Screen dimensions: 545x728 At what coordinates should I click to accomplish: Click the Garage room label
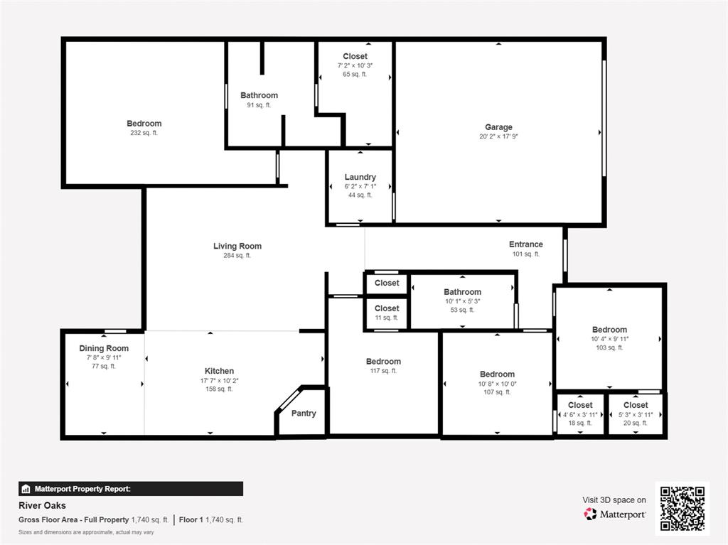click(x=498, y=127)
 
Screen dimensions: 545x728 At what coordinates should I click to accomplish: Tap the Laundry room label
click(x=360, y=177)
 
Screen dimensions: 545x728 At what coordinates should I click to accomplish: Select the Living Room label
click(x=237, y=247)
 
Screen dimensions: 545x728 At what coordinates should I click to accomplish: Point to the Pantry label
click(x=304, y=414)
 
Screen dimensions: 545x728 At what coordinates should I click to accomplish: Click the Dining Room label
click(x=104, y=348)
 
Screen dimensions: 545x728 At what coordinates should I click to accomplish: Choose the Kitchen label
click(x=219, y=371)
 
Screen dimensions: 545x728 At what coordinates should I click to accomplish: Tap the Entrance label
click(x=525, y=244)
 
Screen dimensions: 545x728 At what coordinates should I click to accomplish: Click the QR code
click(x=682, y=508)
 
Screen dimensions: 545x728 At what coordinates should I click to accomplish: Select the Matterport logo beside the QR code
click(x=615, y=514)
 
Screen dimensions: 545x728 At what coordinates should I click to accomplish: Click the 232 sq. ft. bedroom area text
click(x=144, y=133)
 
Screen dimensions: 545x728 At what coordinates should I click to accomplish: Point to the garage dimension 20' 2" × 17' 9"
click(x=498, y=137)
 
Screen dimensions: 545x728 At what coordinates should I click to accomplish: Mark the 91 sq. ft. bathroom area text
click(x=259, y=105)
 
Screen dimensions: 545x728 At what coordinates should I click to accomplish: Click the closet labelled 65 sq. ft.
click(x=355, y=56)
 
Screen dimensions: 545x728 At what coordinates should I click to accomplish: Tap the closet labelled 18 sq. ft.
click(x=580, y=405)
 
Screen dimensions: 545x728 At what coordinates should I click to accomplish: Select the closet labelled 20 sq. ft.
click(x=635, y=405)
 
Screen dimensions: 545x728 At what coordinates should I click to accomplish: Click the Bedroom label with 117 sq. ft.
click(x=383, y=361)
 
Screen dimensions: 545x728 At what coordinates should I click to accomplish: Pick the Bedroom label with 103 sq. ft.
click(x=609, y=329)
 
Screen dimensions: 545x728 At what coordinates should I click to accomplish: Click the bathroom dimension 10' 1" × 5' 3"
click(x=462, y=301)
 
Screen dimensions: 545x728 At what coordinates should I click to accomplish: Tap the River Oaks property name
click(x=42, y=505)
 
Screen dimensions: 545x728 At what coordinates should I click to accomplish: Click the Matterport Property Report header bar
click(x=131, y=489)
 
